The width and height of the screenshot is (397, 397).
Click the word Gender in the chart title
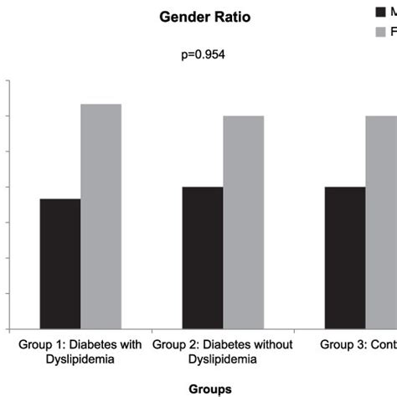tap(183, 18)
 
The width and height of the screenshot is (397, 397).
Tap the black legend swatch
tap(381, 12)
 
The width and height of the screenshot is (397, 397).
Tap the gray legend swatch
tap(381, 32)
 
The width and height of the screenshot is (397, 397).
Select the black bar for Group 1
tap(60, 264)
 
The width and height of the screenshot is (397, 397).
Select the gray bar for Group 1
tap(101, 216)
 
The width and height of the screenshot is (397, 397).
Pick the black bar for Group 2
tap(203, 257)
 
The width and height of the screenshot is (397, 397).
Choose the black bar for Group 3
tap(345, 257)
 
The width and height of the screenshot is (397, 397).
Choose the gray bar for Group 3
tap(381, 222)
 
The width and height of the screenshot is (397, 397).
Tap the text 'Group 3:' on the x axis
tap(343, 344)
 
